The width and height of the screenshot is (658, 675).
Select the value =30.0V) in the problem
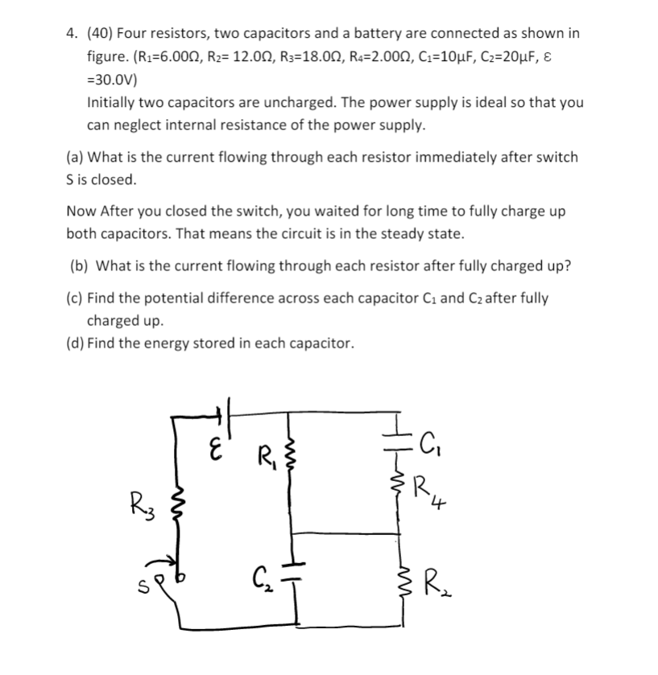[112, 80]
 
